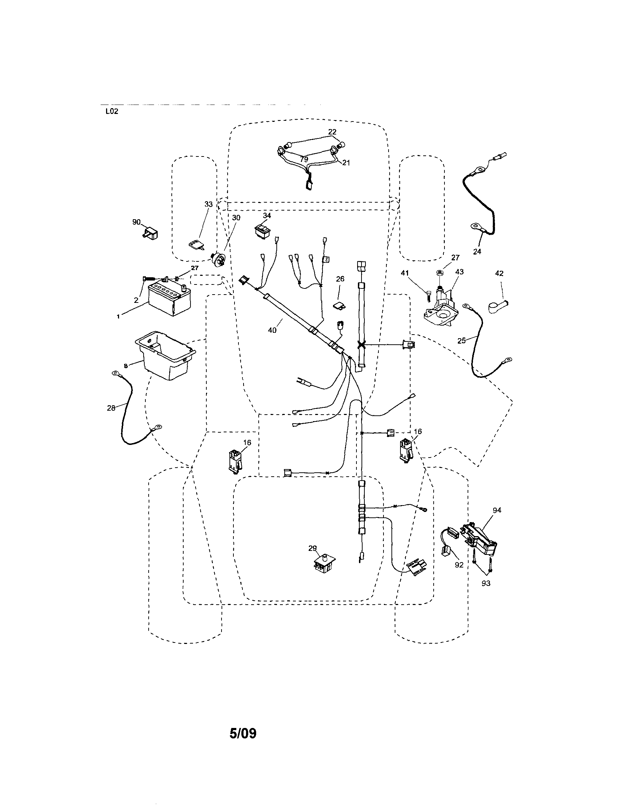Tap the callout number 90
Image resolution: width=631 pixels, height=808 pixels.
(136, 222)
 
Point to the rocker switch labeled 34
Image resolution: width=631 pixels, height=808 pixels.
(263, 230)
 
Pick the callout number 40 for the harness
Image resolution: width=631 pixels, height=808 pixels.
(272, 330)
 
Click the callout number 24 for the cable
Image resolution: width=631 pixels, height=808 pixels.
(477, 252)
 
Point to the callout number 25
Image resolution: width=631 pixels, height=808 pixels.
(461, 341)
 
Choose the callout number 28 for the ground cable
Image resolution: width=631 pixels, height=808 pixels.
(111, 409)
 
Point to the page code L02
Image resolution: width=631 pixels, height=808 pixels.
(112, 111)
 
